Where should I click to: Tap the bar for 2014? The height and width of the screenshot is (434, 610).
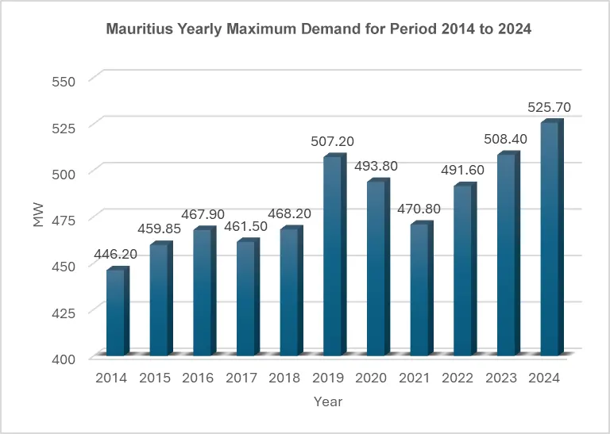(117, 313)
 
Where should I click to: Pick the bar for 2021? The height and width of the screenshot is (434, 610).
(420, 290)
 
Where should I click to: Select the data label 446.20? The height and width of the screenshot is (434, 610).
(116, 255)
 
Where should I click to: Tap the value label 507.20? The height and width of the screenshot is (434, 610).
(333, 141)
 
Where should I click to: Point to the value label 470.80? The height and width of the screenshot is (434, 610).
(419, 209)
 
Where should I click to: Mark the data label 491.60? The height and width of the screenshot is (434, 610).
(463, 170)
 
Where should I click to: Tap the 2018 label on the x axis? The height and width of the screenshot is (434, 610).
(284, 378)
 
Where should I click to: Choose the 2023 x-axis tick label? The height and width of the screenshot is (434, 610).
(500, 378)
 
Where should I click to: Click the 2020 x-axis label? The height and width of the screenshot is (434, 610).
(371, 378)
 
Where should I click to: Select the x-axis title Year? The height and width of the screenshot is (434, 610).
(327, 401)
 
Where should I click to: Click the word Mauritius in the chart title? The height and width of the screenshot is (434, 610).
(137, 29)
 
